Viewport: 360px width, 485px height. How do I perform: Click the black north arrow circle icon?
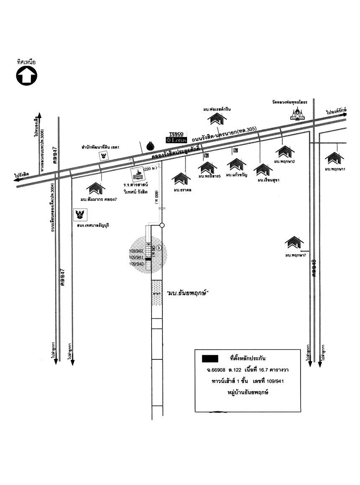pyautogui.click(x=26, y=76)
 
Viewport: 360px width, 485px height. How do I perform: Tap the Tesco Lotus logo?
pyautogui.click(x=177, y=138)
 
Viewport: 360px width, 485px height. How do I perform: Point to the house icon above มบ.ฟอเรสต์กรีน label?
pyautogui.click(x=217, y=119)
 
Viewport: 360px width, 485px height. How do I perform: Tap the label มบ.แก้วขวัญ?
pyautogui.click(x=237, y=175)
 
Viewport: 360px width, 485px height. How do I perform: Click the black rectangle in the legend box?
pyautogui.click(x=210, y=359)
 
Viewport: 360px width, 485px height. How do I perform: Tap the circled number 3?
pyautogui.click(x=159, y=248)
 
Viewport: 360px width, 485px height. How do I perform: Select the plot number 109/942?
pyautogui.click(x=136, y=251)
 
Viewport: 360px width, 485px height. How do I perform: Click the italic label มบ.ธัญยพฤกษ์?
pyautogui.click(x=188, y=293)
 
